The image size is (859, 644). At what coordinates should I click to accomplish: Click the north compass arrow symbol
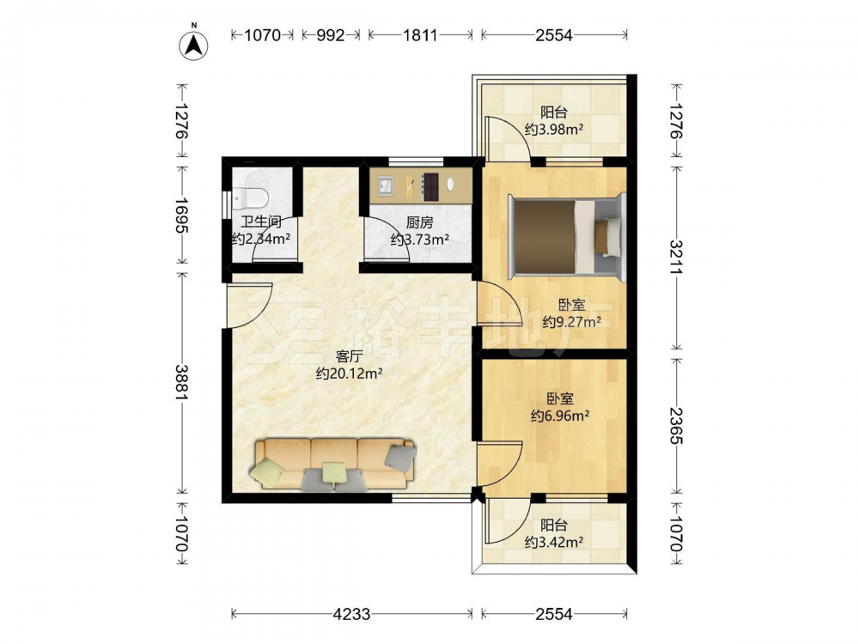193,43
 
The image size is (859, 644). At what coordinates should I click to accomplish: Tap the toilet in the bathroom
249,198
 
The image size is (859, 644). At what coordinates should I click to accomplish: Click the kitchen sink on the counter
385,185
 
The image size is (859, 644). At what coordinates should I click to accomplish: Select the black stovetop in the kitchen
430,185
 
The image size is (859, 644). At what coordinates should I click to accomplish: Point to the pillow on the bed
607,237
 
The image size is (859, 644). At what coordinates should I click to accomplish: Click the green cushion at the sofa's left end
268,472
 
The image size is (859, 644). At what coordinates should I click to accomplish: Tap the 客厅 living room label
349,356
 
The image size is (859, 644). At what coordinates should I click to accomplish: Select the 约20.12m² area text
349,374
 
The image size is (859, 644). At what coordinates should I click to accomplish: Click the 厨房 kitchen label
420,222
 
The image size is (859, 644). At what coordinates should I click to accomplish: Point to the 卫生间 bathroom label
261,222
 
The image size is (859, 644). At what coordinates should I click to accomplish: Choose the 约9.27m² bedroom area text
571,322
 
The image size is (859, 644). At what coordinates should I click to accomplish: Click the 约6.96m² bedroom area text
560,416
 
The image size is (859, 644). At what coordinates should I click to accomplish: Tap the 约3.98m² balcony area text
554,130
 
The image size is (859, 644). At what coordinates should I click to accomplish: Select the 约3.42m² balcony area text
554,542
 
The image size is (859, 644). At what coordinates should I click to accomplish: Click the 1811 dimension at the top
420,35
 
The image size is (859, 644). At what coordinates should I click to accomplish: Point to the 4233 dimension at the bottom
351,614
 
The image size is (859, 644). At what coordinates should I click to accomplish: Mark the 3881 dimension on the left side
181,382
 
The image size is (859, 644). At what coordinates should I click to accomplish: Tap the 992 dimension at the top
331,35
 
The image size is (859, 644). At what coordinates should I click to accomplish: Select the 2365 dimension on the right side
676,426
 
